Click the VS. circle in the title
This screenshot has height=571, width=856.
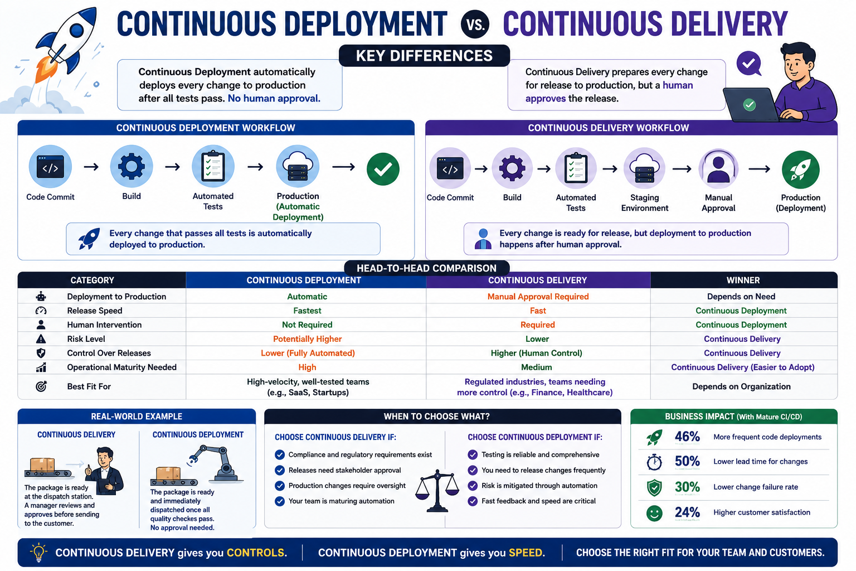(x=475, y=24)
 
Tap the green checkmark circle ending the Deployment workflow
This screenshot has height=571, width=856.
(x=383, y=169)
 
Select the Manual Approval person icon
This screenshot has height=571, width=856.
(x=718, y=168)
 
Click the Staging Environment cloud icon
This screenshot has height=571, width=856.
(x=644, y=168)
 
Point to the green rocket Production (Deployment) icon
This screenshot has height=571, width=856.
(x=801, y=170)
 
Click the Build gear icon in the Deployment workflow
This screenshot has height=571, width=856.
(x=132, y=166)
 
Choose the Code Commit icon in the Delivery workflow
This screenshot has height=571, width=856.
(x=450, y=168)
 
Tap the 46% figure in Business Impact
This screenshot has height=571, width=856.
(x=687, y=437)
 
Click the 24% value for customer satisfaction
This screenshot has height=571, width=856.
(x=687, y=512)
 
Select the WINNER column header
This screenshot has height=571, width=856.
(x=743, y=280)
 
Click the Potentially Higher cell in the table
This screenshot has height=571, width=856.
(x=307, y=339)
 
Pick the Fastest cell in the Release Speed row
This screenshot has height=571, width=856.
(x=307, y=311)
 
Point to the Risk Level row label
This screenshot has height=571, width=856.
(x=86, y=339)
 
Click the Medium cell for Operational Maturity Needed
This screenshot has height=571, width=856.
(x=537, y=367)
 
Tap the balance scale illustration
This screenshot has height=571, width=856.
(x=437, y=491)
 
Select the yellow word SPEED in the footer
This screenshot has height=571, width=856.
(x=526, y=553)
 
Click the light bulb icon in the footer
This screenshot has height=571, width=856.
(x=38, y=552)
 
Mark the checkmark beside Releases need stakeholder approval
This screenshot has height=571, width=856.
(x=280, y=470)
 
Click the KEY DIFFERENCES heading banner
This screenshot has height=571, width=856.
(x=424, y=56)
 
